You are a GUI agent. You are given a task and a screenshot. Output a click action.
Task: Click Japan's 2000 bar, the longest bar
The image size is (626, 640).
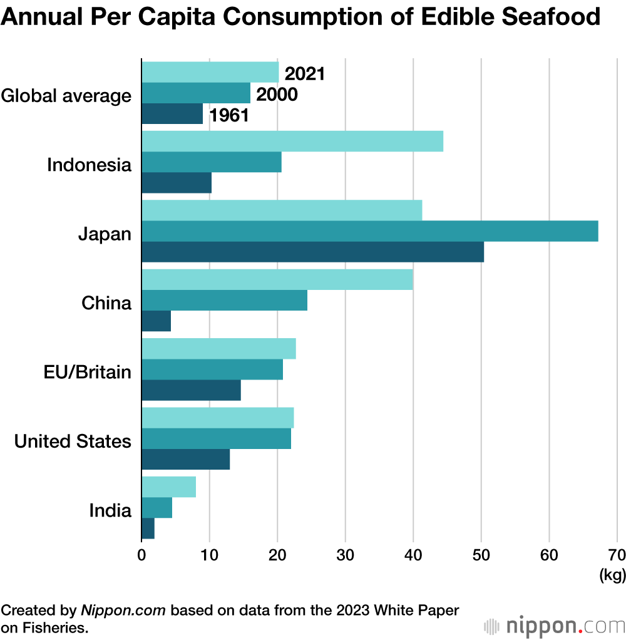click(369, 232)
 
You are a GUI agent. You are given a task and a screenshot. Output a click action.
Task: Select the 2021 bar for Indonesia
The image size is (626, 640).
click(292, 142)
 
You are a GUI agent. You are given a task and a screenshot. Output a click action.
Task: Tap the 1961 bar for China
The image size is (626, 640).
click(156, 321)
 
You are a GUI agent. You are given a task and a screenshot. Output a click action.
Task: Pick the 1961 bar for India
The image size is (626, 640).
click(148, 528)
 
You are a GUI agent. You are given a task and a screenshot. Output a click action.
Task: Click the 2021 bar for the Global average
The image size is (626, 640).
click(210, 73)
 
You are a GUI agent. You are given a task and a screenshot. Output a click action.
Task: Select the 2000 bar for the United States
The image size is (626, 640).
click(217, 438)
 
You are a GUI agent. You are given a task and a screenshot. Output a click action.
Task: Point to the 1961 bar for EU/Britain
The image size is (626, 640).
click(192, 390)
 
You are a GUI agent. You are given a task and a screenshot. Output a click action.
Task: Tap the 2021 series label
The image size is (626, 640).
click(305, 74)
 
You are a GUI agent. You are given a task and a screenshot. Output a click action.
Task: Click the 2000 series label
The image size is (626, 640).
click(276, 95)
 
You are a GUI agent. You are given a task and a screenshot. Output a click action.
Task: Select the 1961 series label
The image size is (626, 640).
click(229, 115)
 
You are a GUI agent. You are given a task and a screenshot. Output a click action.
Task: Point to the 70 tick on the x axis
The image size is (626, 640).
click(617, 555)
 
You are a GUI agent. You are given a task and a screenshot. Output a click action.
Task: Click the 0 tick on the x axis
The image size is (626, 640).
click(142, 555)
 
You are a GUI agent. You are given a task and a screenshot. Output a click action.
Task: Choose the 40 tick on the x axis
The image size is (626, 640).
click(413, 555)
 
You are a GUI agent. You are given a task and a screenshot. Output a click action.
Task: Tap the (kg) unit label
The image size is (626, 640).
click(612, 575)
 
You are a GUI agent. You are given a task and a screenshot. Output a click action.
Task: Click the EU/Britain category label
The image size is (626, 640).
click(88, 373)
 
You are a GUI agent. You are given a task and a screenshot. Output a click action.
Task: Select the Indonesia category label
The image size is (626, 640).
click(90, 166)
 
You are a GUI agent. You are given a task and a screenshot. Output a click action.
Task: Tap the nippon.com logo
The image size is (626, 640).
click(553, 626)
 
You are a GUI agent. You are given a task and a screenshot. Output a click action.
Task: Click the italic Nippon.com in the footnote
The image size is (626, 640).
click(123, 610)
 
